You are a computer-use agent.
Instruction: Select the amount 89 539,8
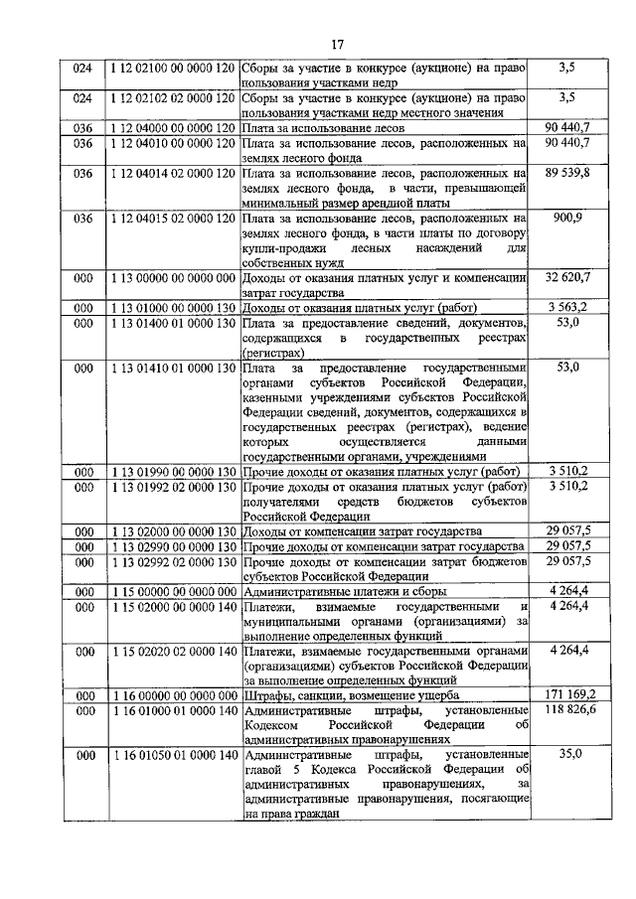coord(567,173)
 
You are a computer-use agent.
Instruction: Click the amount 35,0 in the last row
coord(569,754)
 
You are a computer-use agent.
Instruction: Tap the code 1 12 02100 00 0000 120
coord(174,69)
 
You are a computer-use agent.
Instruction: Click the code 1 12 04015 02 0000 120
coord(174,218)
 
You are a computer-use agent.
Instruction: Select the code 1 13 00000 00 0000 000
coord(174,277)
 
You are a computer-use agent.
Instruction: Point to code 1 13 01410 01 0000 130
coord(174,367)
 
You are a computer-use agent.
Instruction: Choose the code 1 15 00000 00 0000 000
coord(174,591)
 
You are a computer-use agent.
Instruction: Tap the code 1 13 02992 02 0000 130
coord(174,561)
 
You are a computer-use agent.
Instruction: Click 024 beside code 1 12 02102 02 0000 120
coord(83,98)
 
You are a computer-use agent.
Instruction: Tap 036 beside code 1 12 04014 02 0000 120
coord(83,173)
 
